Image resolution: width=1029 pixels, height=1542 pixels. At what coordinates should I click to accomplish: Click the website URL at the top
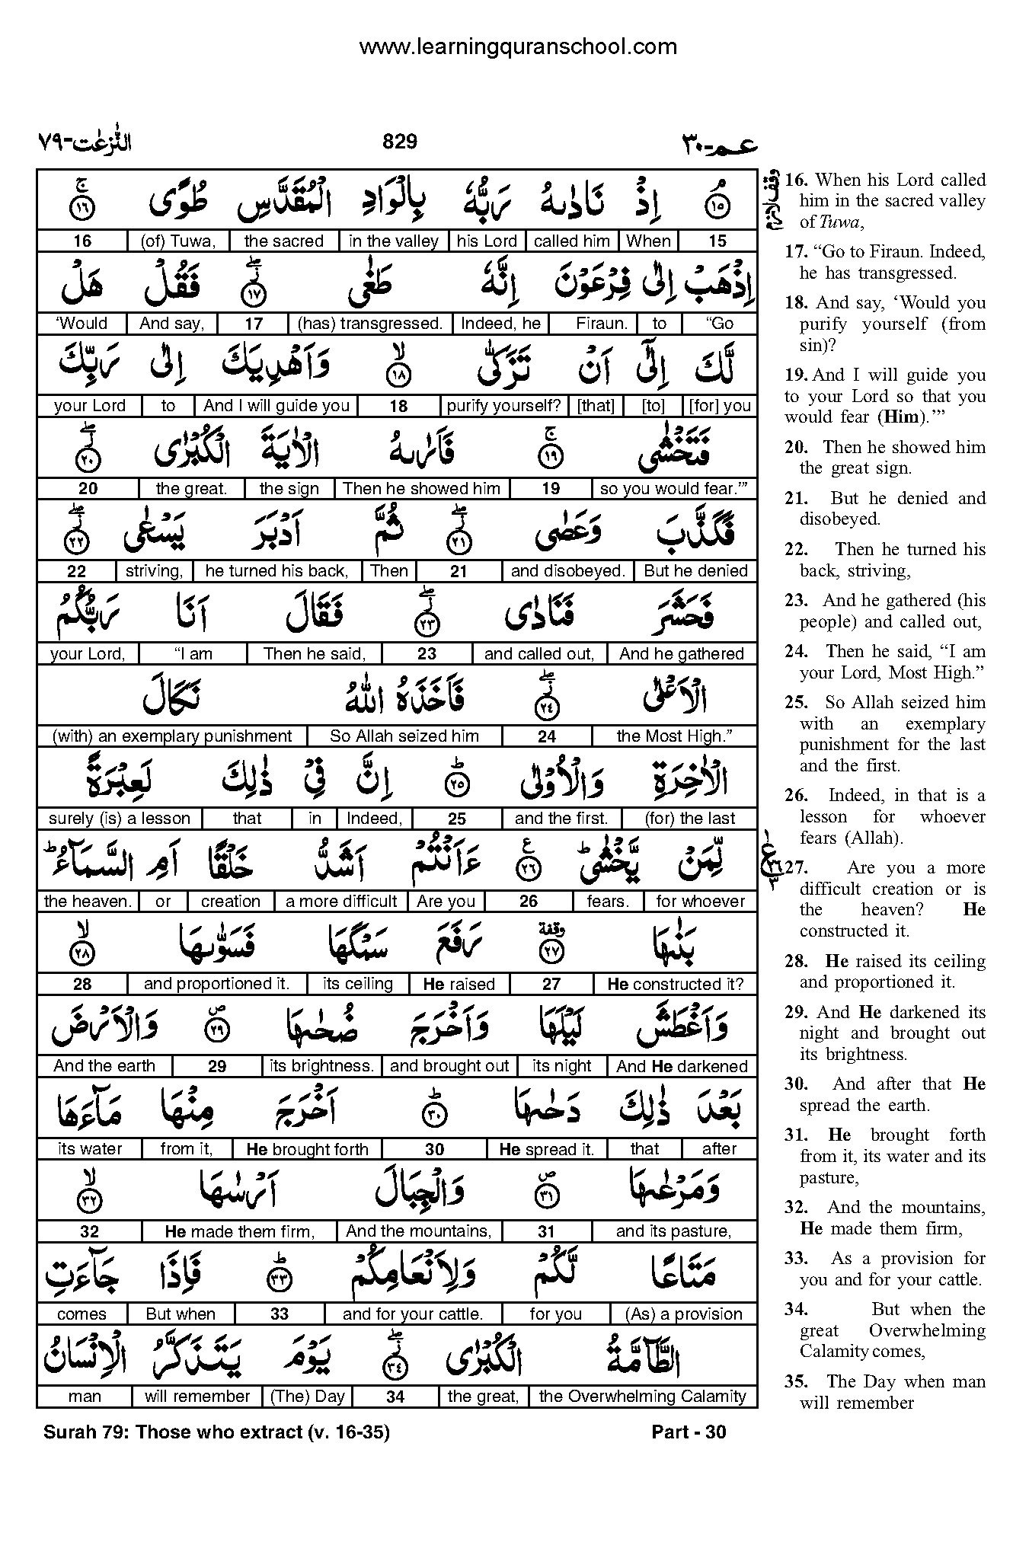click(x=518, y=47)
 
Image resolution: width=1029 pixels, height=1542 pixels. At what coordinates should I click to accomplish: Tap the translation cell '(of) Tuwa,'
click(x=179, y=241)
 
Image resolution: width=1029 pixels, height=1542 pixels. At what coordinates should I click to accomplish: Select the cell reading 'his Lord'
click(x=487, y=241)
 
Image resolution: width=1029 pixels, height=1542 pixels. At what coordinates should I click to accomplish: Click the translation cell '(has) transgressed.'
click(x=369, y=324)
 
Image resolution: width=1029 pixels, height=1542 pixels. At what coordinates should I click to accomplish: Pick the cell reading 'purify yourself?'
click(x=503, y=406)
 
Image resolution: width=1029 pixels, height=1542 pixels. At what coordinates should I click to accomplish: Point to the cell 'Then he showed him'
click(x=421, y=489)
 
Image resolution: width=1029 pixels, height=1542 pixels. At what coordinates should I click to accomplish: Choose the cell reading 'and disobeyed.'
click(x=567, y=571)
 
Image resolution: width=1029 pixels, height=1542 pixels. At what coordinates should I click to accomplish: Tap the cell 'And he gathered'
click(x=681, y=653)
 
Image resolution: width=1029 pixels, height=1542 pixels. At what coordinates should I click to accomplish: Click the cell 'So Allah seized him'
click(x=404, y=736)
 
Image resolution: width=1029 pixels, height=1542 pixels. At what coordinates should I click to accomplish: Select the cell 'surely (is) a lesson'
click(x=119, y=819)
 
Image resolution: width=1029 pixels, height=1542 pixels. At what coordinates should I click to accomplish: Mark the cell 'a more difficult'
click(x=341, y=902)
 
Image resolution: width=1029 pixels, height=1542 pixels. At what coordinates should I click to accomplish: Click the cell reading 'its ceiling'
click(x=357, y=984)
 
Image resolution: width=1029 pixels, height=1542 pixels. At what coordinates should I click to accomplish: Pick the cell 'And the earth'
click(x=104, y=1066)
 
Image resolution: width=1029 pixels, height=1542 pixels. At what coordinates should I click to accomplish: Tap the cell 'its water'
click(x=89, y=1149)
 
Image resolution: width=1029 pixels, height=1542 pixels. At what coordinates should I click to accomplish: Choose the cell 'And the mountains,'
click(x=418, y=1231)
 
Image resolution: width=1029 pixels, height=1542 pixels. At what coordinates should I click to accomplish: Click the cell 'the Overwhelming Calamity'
click(x=642, y=1397)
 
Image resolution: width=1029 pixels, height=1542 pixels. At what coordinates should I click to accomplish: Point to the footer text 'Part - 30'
click(x=689, y=1432)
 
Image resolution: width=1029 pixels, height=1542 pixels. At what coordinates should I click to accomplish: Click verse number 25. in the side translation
click(x=796, y=703)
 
